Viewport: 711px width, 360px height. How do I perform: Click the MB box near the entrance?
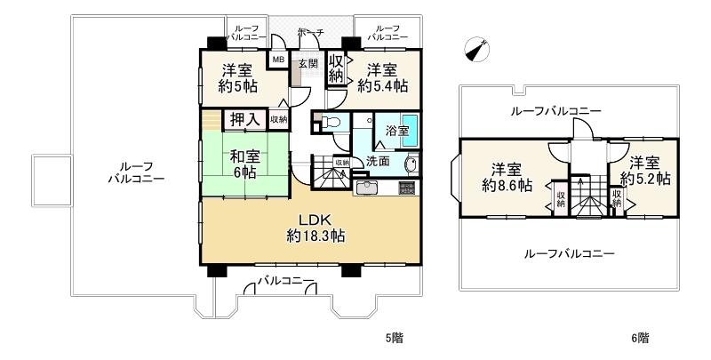(x=278, y=60)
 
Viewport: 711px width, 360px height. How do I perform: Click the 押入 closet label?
(x=245, y=119)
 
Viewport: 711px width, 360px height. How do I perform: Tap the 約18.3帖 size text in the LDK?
(x=316, y=236)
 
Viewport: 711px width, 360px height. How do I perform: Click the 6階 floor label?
(x=640, y=338)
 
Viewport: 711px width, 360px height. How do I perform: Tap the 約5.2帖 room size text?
(x=645, y=179)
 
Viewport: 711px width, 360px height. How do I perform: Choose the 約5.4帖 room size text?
(x=383, y=86)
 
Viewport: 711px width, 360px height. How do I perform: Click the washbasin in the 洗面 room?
(x=411, y=165)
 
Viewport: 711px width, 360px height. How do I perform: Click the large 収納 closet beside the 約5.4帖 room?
(x=336, y=68)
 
